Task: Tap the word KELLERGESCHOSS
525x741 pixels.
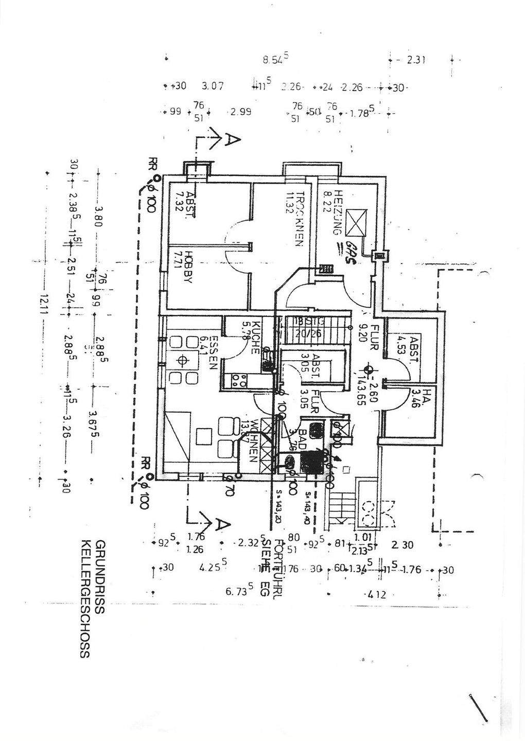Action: [85, 599]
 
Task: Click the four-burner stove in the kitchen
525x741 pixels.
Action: [239, 380]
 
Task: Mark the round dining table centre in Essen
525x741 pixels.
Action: [181, 360]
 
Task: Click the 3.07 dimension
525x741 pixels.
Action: [213, 86]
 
